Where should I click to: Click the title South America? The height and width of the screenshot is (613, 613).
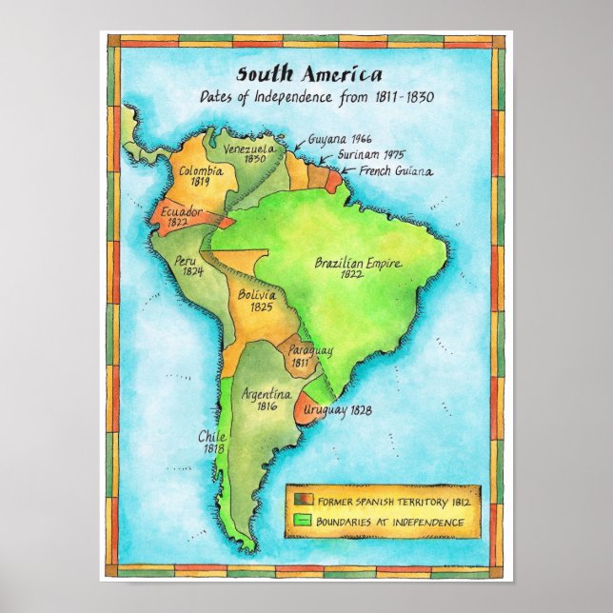(x=309, y=75)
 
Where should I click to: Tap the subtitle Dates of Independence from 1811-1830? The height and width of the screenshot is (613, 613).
(x=316, y=97)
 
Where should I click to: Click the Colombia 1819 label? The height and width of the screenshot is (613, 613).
(x=200, y=176)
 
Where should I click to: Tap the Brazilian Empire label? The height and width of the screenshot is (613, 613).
(x=358, y=268)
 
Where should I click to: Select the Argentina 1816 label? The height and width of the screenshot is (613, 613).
(x=260, y=399)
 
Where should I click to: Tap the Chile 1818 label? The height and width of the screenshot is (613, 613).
(x=211, y=442)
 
